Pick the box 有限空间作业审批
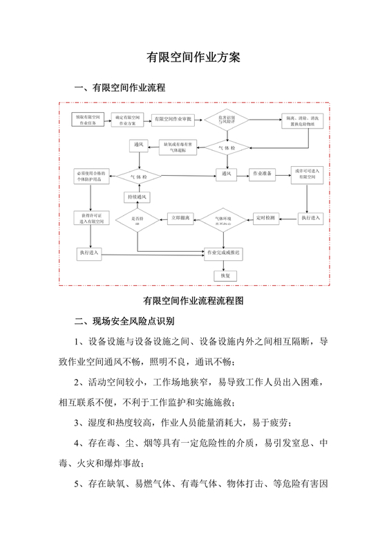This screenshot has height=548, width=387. [173, 121]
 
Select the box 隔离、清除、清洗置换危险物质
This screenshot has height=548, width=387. [303, 121]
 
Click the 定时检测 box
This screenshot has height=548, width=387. [265, 218]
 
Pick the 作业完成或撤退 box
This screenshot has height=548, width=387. [225, 254]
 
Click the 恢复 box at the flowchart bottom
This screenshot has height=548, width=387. [224, 275]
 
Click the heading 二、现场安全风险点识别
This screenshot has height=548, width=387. [125, 322]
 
